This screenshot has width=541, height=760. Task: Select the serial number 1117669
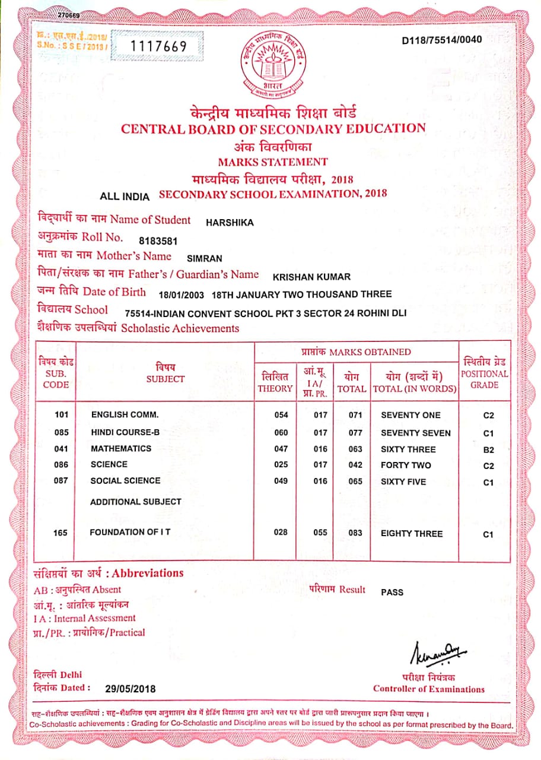point(158,46)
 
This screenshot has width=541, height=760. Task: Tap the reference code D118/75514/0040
point(442,40)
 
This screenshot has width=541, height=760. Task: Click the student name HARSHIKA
point(230,223)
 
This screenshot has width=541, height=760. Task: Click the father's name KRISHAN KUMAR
point(311,277)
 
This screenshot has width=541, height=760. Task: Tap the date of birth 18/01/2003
point(183,294)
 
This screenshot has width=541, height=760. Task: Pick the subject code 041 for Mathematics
point(61,449)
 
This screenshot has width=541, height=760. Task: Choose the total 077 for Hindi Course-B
point(355,433)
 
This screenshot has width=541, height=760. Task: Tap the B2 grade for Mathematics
point(488,450)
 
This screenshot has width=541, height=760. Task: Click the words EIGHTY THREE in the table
point(412,534)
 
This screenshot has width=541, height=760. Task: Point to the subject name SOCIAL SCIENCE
point(125,481)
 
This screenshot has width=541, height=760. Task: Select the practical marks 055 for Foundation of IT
point(320,533)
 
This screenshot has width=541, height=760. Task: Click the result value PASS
point(392,592)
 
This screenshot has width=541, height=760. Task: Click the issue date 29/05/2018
point(131,689)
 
